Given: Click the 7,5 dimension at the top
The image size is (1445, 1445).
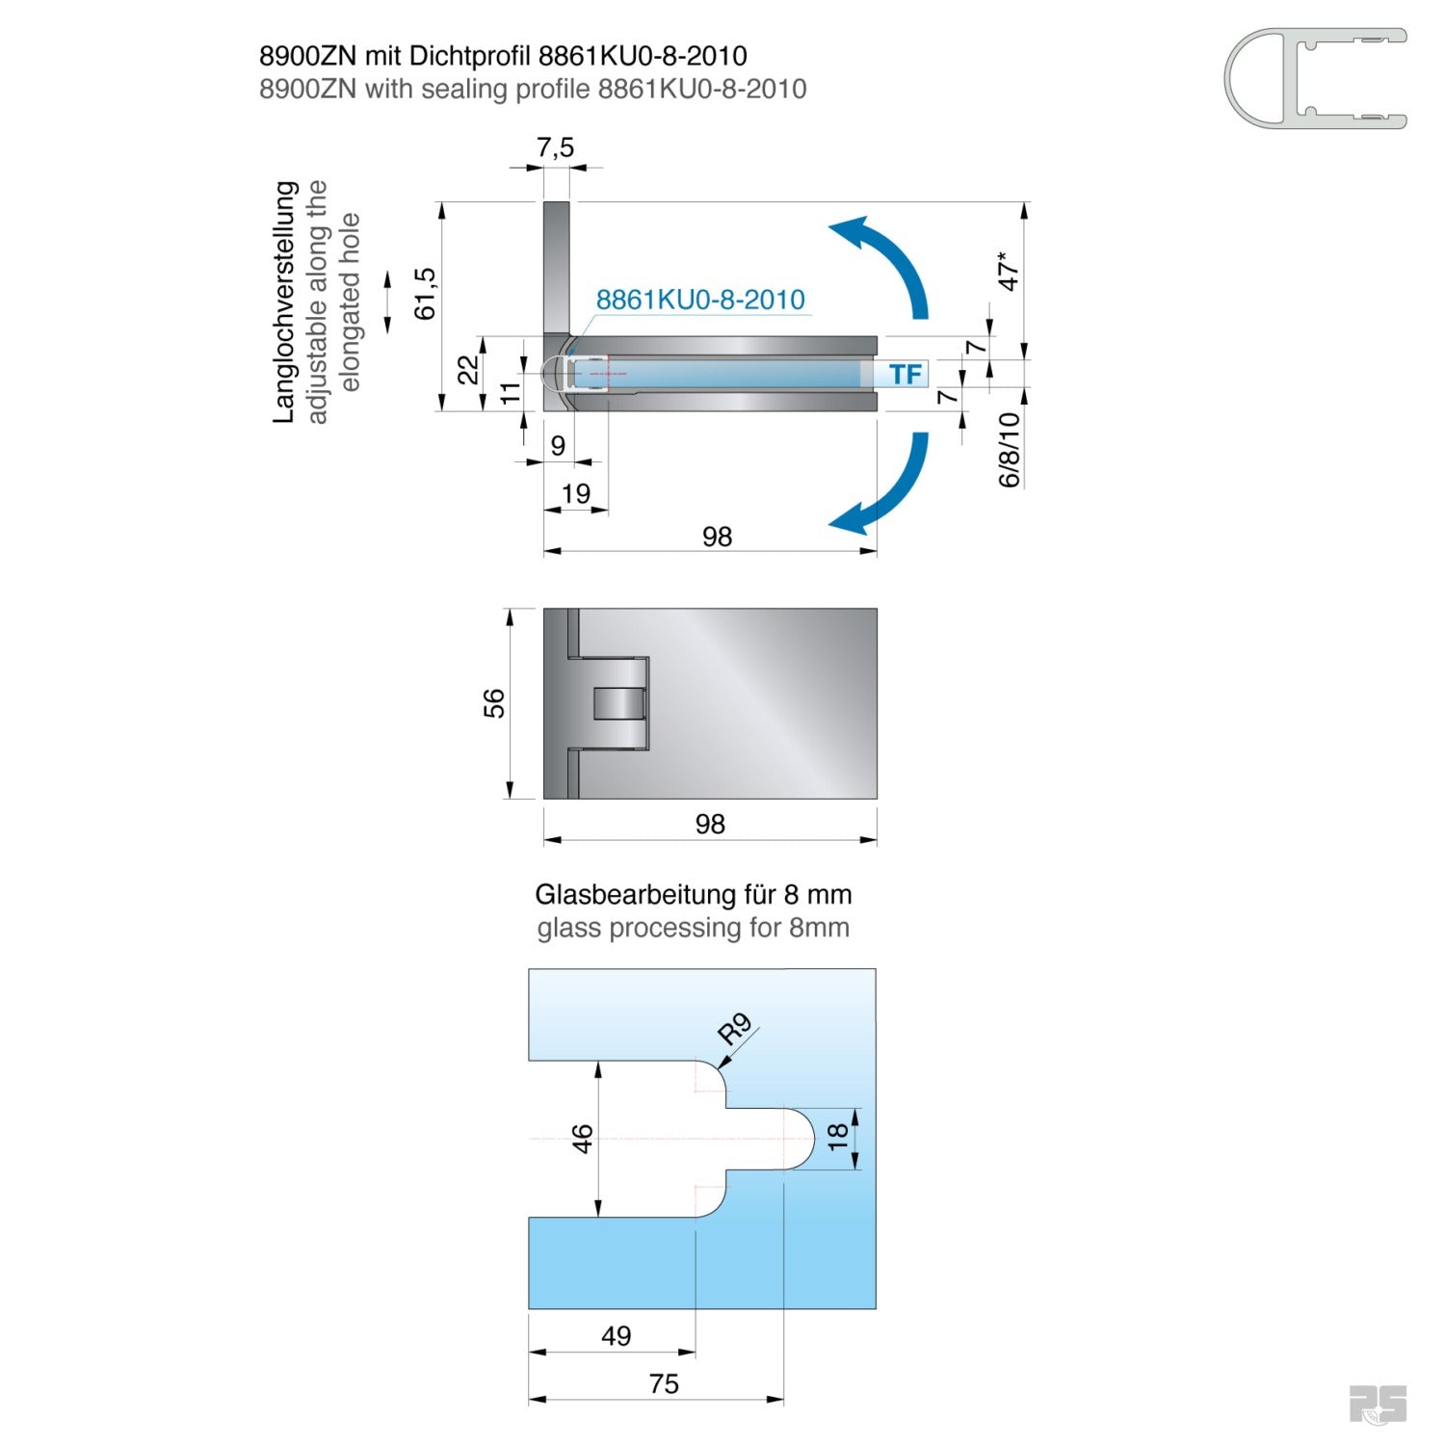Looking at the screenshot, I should coord(555,147).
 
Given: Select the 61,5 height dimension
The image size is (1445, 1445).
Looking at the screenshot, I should coord(425,294).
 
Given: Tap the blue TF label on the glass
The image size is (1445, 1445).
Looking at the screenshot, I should coord(905,374).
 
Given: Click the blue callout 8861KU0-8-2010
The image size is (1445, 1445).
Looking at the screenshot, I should coord(699,300).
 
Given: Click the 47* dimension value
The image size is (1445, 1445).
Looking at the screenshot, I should coord(1008,271).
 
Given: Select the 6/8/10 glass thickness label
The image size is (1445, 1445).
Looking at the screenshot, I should coord(1009,450).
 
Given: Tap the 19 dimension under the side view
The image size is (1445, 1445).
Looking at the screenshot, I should coord(575,494).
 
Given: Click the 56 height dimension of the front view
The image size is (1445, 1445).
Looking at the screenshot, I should coord(493,703).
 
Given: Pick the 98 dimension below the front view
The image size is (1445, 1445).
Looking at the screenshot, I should coord(710,825).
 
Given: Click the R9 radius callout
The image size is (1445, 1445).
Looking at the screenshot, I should coord(735,1029).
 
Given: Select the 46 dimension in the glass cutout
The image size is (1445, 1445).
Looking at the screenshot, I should coord(583,1139).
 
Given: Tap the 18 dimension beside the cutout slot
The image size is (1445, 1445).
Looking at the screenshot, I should coord(838,1136).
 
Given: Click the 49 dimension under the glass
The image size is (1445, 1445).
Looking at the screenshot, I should coord(616,1336).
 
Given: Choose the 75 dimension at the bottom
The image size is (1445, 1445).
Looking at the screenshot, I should coord(664,1384).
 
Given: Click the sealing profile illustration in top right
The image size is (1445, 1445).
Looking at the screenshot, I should coord(1315,78).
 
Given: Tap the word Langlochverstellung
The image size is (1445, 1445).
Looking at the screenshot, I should coord(284,302).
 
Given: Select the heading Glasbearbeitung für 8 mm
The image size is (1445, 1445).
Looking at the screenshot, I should coord(693,895).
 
